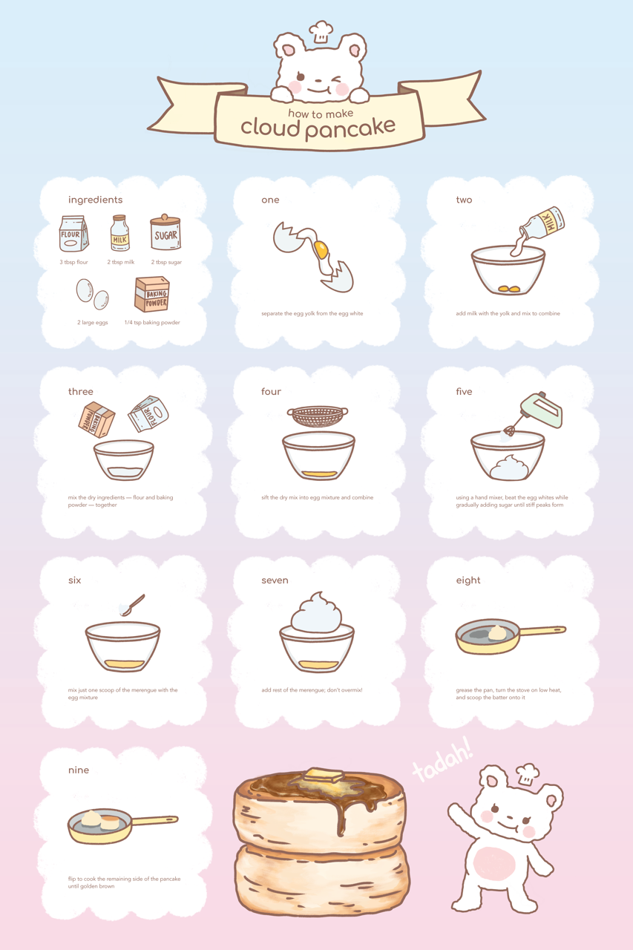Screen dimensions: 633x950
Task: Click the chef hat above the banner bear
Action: (321, 31)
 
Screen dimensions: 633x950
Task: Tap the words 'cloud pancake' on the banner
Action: (318, 127)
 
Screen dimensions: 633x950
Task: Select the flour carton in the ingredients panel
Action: (73, 234)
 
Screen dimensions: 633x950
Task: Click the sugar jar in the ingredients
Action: (165, 232)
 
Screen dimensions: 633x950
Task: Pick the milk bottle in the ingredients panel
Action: (120, 233)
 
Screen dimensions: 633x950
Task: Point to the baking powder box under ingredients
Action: (152, 294)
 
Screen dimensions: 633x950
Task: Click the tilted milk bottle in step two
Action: (542, 225)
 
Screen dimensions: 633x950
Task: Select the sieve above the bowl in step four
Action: (318, 416)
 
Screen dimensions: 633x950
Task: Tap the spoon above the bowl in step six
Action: (132, 605)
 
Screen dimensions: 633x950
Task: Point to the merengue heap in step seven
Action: (316, 612)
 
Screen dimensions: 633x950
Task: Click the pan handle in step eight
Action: (542, 631)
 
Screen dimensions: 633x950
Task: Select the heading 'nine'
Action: (79, 770)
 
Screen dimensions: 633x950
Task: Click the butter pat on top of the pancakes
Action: (324, 776)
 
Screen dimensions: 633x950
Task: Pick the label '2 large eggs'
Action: (93, 322)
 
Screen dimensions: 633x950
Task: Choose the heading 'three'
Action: (81, 391)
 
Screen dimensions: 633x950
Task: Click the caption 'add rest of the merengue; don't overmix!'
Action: (312, 690)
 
